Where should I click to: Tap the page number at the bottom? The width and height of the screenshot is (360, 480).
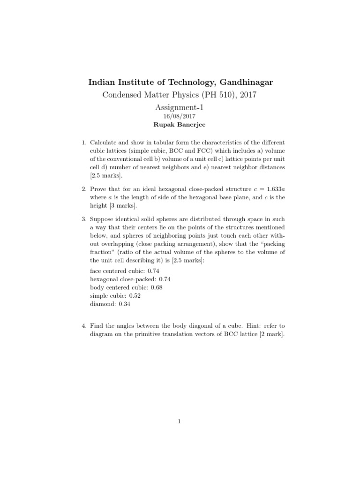180,421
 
